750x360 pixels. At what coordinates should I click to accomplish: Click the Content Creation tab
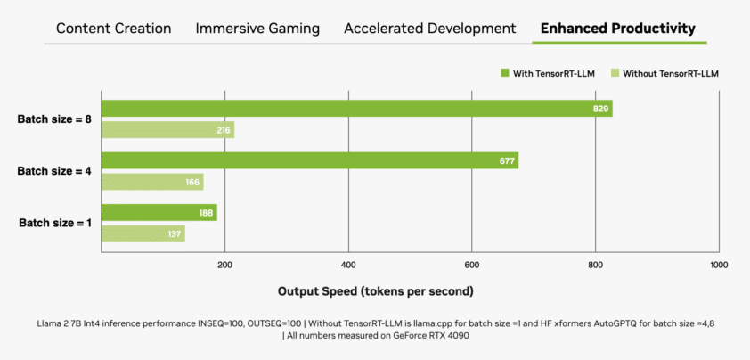click(113, 29)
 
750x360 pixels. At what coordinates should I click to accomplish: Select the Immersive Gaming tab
click(257, 29)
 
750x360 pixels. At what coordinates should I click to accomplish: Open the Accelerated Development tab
click(429, 29)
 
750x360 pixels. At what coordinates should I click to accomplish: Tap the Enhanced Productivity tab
click(619, 29)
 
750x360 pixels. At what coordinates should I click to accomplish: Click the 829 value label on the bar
click(599, 109)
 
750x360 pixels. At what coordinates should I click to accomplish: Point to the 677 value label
click(506, 161)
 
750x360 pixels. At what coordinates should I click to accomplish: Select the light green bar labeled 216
click(167, 130)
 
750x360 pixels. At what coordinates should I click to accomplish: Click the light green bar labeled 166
click(152, 182)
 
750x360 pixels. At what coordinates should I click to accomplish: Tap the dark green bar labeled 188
click(159, 213)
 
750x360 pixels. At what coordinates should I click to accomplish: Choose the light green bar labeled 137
click(143, 234)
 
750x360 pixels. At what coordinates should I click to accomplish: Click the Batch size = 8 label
click(53, 119)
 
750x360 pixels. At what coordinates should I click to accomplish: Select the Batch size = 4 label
click(53, 171)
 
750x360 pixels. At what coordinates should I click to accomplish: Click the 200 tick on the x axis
click(224, 265)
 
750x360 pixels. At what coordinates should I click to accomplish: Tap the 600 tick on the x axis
click(472, 265)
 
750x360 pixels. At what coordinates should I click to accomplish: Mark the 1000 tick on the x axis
click(718, 265)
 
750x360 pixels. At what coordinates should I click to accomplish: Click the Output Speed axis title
click(375, 291)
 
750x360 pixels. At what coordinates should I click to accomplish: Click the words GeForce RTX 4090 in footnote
click(423, 336)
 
